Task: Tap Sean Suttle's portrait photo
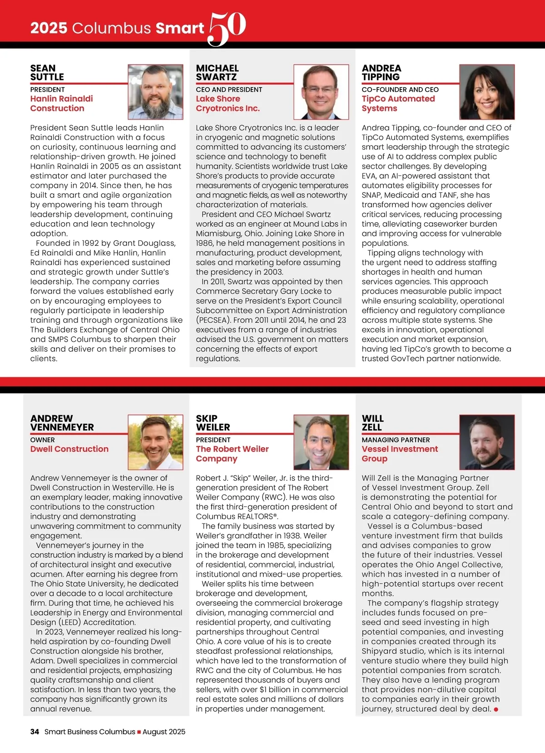(155, 92)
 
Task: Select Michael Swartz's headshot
(321, 92)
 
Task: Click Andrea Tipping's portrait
(487, 92)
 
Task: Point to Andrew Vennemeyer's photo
(155, 442)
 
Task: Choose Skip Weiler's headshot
(321, 442)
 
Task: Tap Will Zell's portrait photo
(487, 442)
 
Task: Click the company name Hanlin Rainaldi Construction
(61, 104)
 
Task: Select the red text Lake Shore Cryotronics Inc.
(228, 104)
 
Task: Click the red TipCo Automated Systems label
(398, 104)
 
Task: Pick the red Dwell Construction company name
(69, 449)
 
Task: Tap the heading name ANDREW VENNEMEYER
(62, 423)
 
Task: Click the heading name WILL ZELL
(372, 423)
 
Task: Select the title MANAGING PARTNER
(396, 440)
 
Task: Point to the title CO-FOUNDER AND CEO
(400, 90)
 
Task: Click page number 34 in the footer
(35, 732)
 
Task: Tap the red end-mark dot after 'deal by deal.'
(496, 709)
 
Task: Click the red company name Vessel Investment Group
(400, 454)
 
